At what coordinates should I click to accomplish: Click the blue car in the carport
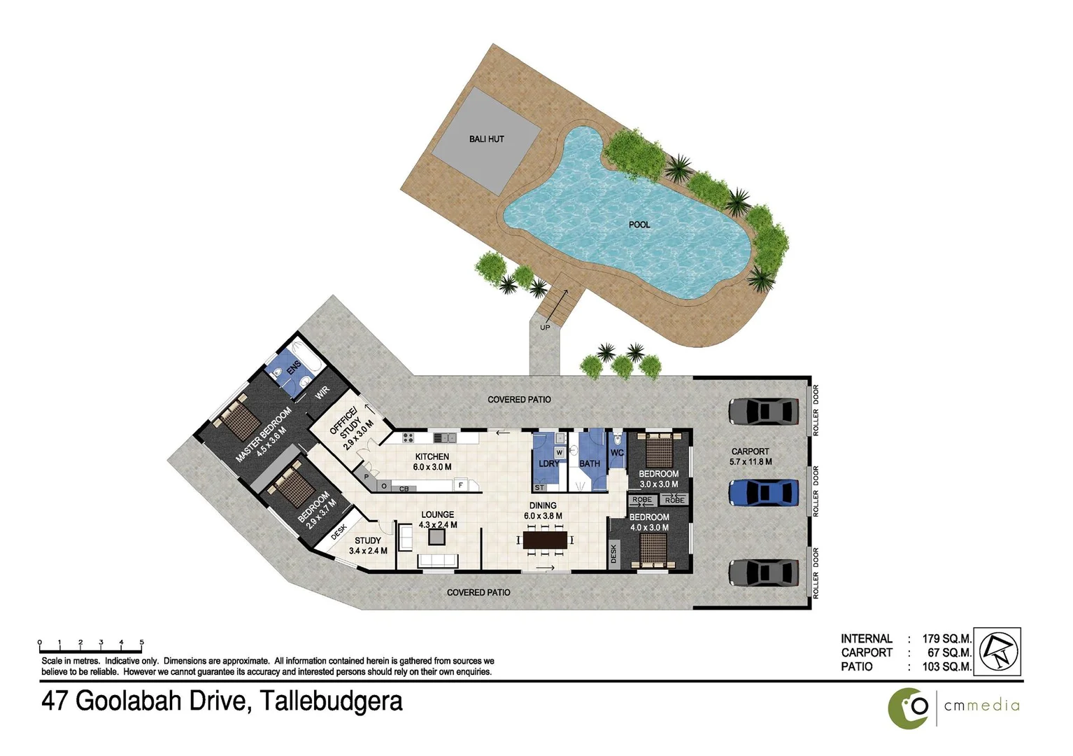pyautogui.click(x=763, y=492)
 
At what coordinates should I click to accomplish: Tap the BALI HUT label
pyautogui.click(x=486, y=139)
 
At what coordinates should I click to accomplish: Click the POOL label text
pyautogui.click(x=639, y=225)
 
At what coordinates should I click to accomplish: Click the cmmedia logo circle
pyautogui.click(x=908, y=708)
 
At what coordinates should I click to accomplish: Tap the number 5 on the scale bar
pyautogui.click(x=141, y=642)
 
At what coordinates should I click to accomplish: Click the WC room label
pyautogui.click(x=617, y=453)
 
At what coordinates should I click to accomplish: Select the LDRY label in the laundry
pyautogui.click(x=549, y=463)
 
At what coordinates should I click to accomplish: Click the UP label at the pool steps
pyautogui.click(x=545, y=328)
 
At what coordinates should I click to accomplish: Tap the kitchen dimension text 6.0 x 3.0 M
pyautogui.click(x=432, y=467)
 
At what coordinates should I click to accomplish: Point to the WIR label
pyautogui.click(x=322, y=393)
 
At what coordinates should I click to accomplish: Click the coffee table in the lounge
pyautogui.click(x=437, y=536)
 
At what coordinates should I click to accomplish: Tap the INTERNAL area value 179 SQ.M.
pyautogui.click(x=946, y=638)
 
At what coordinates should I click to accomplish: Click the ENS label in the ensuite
pyautogui.click(x=294, y=366)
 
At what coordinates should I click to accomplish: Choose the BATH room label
pyautogui.click(x=590, y=463)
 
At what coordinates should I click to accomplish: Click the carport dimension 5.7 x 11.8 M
pyautogui.click(x=751, y=462)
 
